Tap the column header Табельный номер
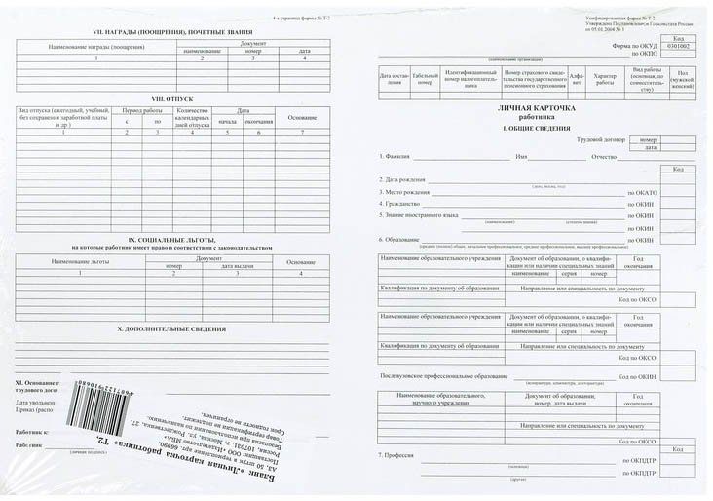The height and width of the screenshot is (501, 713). click(424, 79)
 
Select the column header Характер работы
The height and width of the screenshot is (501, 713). click(606, 79)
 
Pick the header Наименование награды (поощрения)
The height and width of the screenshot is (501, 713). click(96, 48)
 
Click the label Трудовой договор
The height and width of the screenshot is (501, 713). click(599, 140)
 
